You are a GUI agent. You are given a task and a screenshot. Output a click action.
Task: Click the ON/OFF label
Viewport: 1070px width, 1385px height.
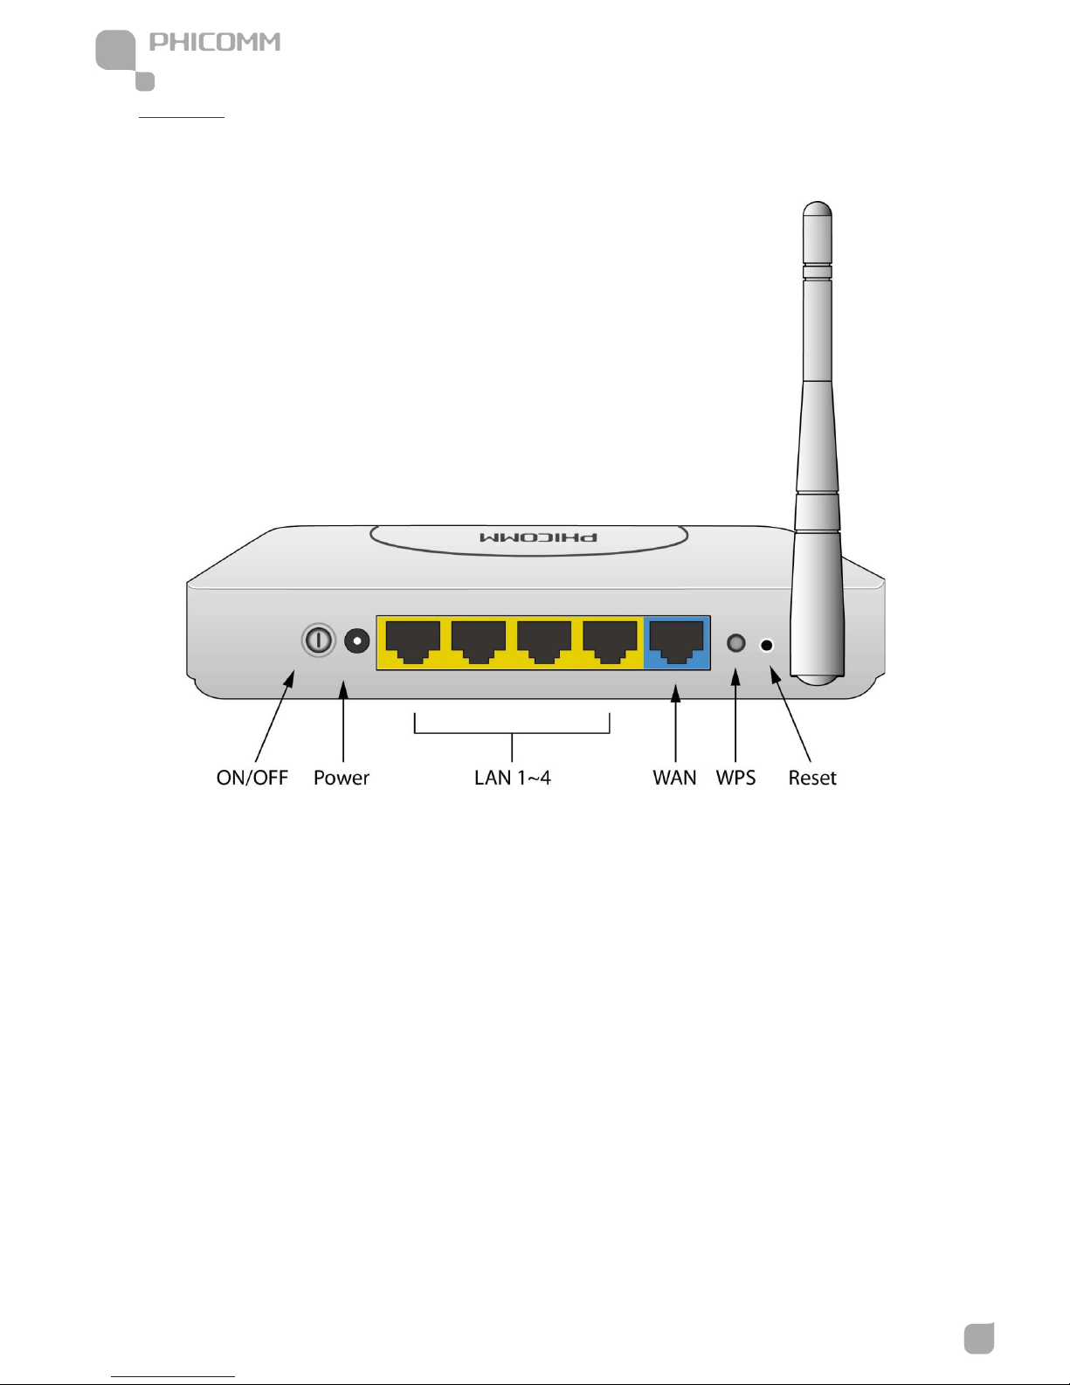click(x=252, y=778)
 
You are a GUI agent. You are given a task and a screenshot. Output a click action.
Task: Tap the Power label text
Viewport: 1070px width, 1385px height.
click(x=342, y=778)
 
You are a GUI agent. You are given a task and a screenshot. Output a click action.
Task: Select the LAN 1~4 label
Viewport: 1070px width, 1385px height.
click(x=512, y=778)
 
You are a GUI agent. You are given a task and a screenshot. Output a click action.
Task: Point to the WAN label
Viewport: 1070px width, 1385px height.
click(x=674, y=778)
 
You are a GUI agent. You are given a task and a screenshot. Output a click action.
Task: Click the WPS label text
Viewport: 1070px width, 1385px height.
click(x=735, y=778)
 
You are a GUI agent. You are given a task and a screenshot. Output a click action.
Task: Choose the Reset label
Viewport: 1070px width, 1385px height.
click(x=812, y=778)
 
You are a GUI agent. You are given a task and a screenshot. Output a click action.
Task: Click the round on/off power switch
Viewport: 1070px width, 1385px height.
click(x=319, y=641)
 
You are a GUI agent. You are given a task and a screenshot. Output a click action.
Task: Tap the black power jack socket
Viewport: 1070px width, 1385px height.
click(x=356, y=641)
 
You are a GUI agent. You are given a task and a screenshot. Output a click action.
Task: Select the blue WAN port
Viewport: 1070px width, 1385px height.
click(x=677, y=642)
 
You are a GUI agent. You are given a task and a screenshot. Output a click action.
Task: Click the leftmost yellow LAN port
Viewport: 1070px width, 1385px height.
click(x=412, y=642)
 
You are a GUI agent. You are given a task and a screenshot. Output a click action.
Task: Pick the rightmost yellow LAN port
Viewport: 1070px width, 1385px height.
click(x=610, y=642)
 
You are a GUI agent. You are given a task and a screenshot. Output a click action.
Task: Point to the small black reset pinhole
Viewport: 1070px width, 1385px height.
click(x=767, y=646)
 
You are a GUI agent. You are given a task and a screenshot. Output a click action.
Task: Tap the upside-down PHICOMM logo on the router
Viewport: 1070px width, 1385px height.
click(x=539, y=537)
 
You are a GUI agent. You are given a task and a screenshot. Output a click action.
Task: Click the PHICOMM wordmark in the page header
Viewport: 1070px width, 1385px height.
click(x=215, y=42)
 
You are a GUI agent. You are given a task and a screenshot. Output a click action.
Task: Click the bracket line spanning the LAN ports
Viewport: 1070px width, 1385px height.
click(x=512, y=732)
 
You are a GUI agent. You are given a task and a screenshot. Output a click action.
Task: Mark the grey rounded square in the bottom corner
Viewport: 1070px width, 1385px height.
click(x=979, y=1338)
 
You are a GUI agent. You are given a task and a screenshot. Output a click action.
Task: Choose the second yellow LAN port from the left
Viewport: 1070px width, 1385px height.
click(x=479, y=642)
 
